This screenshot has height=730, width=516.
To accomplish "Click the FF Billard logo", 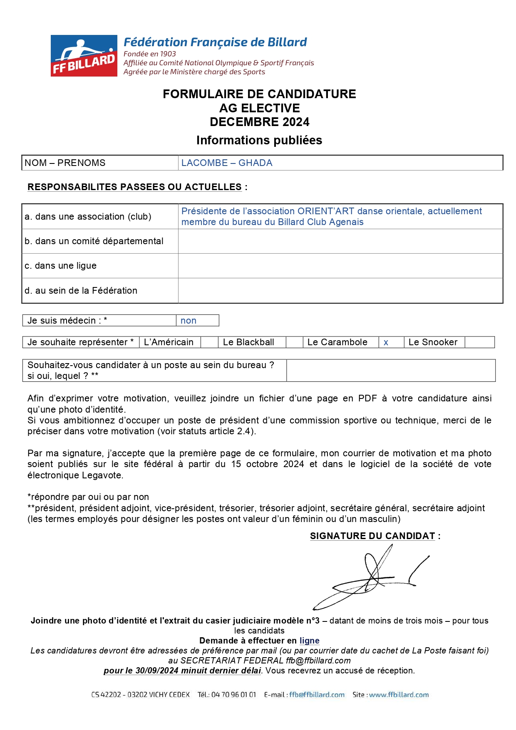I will (x=84, y=56).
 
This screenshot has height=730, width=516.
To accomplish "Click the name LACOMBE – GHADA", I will (x=227, y=163).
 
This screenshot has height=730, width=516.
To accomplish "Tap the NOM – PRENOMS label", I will (x=65, y=163).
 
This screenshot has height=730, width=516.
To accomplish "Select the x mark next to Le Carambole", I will (x=386, y=343).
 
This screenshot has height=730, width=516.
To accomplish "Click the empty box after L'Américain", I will (x=210, y=342).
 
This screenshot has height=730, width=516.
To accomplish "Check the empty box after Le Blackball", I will (x=294, y=342).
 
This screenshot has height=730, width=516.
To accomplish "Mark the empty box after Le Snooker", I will (x=479, y=342).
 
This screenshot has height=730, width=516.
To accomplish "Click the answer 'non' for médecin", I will (x=189, y=321).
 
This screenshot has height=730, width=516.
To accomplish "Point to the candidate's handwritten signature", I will (x=370, y=578).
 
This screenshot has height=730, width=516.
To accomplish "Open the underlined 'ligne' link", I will (x=310, y=641).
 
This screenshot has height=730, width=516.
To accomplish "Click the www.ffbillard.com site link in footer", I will (x=399, y=695).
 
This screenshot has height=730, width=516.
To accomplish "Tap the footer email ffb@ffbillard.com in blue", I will (x=317, y=695).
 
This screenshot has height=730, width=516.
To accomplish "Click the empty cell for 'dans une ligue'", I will (x=340, y=266).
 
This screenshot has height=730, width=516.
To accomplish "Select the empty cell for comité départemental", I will (x=340, y=241).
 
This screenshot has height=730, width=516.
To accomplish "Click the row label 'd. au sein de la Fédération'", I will (x=81, y=291).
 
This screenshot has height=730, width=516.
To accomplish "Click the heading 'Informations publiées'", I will (x=259, y=141).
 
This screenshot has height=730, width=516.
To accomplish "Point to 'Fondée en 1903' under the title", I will (x=150, y=54).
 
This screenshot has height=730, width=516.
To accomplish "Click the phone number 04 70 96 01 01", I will (x=233, y=695).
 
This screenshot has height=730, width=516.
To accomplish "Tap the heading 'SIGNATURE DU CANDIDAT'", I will (x=372, y=536).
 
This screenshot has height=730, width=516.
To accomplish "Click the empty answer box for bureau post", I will (x=391, y=371).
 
